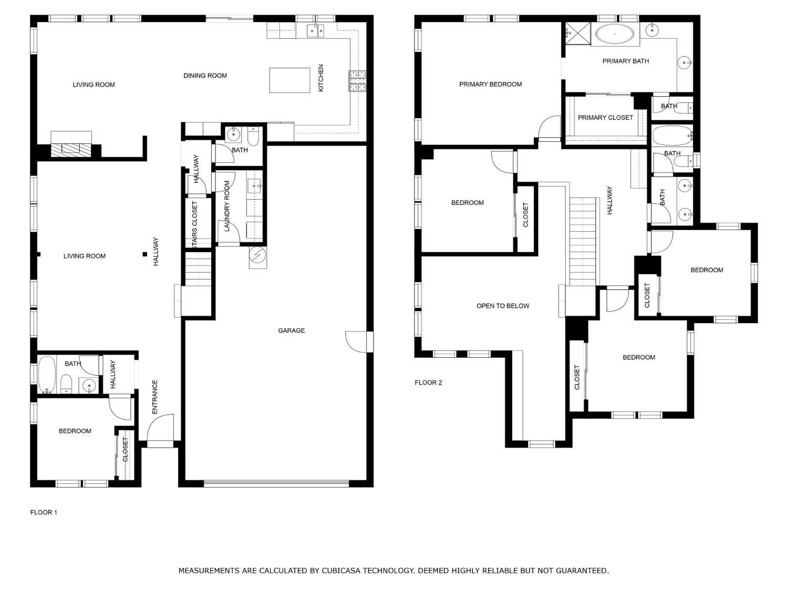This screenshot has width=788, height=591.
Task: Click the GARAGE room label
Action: click(291, 330)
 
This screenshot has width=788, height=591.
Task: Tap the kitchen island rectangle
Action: click(289, 80)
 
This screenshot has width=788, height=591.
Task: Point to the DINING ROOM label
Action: click(205, 76)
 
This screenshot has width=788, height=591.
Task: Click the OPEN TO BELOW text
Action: click(503, 306)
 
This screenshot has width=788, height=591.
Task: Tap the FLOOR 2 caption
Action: click(428, 382)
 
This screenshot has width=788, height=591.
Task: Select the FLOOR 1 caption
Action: click(44, 512)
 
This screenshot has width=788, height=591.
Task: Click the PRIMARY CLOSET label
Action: click(605, 118)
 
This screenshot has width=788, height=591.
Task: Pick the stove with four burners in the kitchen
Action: click(357, 81)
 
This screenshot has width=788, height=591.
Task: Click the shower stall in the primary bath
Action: click(578, 34)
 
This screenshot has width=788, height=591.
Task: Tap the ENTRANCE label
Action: click(155, 397)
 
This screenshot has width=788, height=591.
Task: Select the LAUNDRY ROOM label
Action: click(226, 205)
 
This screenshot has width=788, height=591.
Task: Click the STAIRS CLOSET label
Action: click(194, 225)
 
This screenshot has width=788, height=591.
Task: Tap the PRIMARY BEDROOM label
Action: click(490, 85)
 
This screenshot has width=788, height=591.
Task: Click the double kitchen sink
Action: click(316, 31)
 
